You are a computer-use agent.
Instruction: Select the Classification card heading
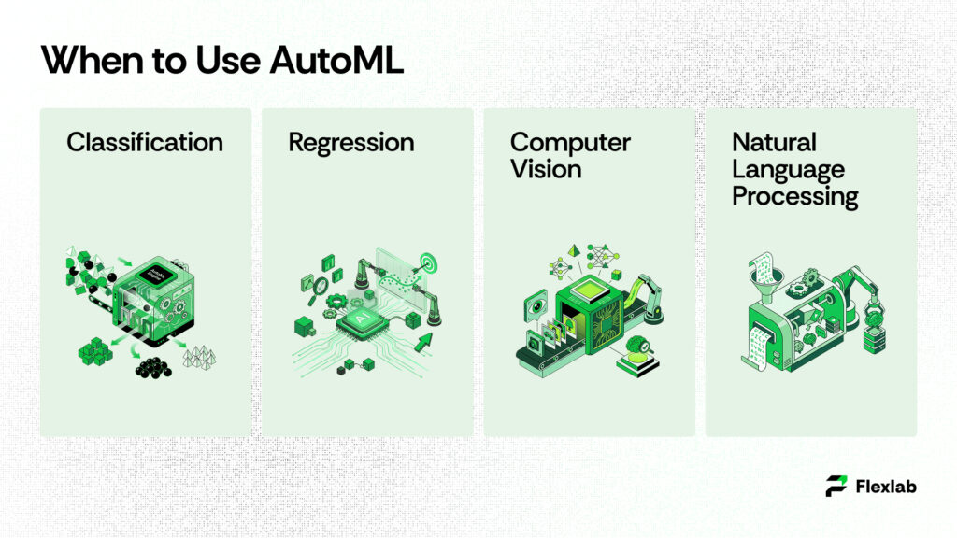pos(145,142)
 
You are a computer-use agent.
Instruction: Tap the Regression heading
pos(350,142)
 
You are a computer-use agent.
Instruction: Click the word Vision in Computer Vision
pos(546,169)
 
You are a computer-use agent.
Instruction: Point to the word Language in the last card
pos(788,169)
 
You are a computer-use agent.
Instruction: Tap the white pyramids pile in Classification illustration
pos(201,356)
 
